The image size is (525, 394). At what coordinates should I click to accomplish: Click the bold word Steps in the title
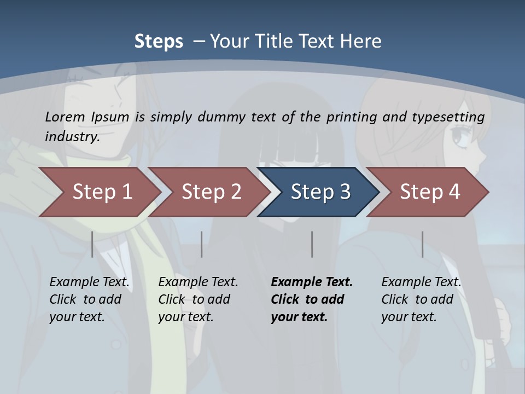pos(159,41)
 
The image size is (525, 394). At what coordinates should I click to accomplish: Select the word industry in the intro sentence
pos(72,136)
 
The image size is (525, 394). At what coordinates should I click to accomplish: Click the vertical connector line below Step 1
pos(92,244)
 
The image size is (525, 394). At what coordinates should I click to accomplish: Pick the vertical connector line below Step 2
pos(201,244)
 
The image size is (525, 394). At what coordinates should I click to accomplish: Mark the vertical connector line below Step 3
pos(312,244)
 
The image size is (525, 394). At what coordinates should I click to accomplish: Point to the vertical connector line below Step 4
pos(422,244)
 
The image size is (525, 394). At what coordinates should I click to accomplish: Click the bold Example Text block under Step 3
pos(311,299)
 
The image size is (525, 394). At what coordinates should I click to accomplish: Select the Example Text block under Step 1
pos(89,299)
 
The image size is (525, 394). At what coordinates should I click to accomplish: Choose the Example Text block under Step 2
pos(198,299)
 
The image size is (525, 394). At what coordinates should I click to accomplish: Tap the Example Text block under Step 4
pos(421,299)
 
